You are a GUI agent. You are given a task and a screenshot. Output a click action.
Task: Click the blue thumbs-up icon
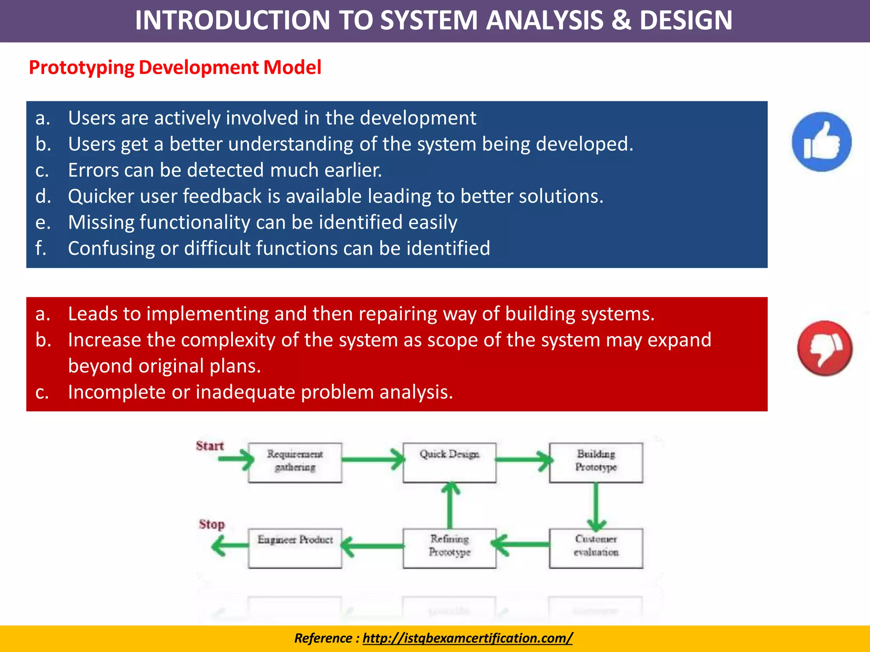pyautogui.click(x=822, y=142)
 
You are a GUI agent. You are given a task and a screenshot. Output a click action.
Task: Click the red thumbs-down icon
pyautogui.click(x=825, y=348)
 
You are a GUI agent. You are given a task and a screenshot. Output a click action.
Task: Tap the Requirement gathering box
pyautogui.click(x=295, y=462)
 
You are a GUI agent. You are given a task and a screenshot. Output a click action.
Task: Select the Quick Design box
pyautogui.click(x=449, y=462)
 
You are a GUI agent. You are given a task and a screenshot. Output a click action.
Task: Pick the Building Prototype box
pyautogui.click(x=596, y=462)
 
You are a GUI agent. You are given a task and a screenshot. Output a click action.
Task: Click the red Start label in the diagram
pyautogui.click(x=209, y=446)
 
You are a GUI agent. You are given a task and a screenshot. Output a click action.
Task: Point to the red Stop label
pyautogui.click(x=212, y=524)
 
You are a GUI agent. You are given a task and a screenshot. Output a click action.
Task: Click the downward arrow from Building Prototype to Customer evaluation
pyautogui.click(x=596, y=507)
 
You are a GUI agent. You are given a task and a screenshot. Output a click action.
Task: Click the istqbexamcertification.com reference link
pyautogui.click(x=467, y=638)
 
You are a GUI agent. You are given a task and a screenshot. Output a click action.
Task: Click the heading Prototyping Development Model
pyautogui.click(x=175, y=67)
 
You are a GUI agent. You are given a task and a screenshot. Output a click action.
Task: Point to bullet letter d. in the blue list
pyautogui.click(x=43, y=197)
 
